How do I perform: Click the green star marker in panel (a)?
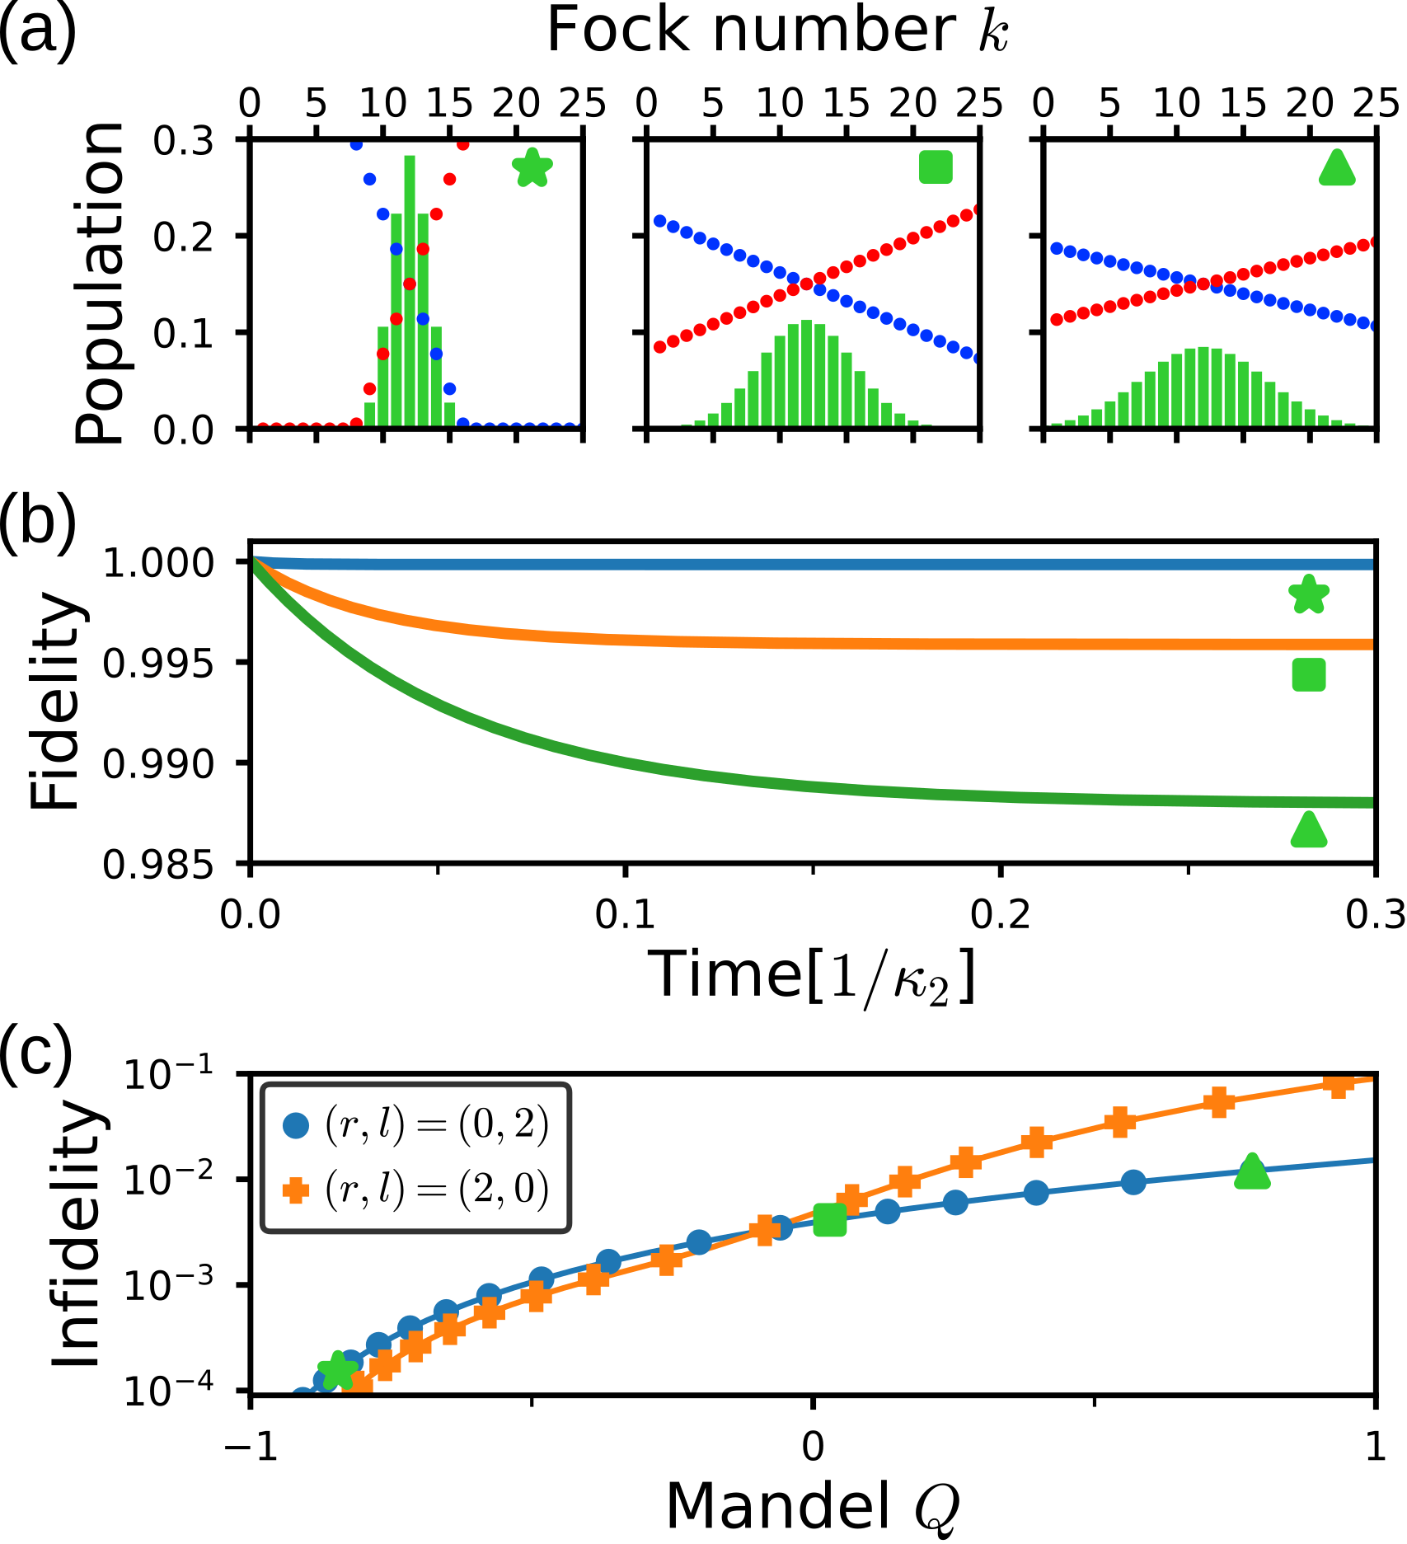(x=532, y=168)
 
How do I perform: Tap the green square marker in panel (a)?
(x=936, y=167)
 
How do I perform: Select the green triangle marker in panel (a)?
(x=1337, y=169)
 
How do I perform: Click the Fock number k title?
(x=778, y=31)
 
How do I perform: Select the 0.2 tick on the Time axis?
(x=1000, y=915)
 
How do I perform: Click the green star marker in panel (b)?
(x=1309, y=595)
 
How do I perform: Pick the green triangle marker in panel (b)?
(x=1309, y=830)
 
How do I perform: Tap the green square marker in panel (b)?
(x=1309, y=675)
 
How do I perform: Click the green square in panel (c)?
(x=829, y=1221)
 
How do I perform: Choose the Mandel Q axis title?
(x=812, y=1505)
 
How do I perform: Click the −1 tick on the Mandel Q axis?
(x=251, y=1446)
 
